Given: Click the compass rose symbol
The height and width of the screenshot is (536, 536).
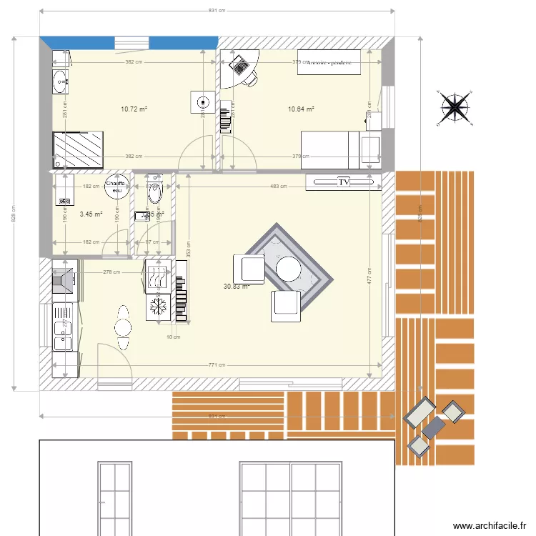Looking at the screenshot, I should pos(455,107).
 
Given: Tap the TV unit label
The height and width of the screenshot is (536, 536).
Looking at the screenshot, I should pos(344,183).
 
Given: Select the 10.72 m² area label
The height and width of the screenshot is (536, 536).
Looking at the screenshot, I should pos(134,109).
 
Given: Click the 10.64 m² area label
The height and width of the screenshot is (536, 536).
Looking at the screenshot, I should pos(301,109).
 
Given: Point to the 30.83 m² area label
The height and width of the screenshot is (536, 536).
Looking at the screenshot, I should pos(235,286).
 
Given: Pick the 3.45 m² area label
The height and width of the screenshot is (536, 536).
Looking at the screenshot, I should pos(91,214).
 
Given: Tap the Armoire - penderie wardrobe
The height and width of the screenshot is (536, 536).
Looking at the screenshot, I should pos(330,62).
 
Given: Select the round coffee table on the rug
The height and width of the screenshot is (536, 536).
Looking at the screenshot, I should pos(289,269).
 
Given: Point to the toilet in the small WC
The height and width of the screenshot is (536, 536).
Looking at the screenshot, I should pos(154,192).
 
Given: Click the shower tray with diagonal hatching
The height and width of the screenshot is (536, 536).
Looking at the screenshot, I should pos(78,149).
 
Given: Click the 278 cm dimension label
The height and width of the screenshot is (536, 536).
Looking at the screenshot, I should pos(111,272).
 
